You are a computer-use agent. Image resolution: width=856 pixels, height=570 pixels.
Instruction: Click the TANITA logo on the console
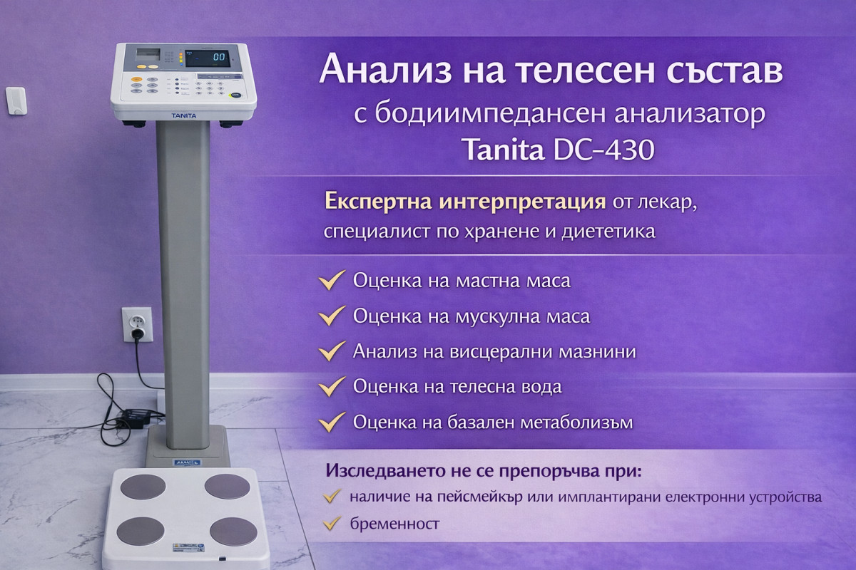point(184,115)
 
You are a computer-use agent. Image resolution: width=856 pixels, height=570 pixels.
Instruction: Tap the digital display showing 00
point(208,58)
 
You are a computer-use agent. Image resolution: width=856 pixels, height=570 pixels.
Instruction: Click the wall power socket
point(138,324)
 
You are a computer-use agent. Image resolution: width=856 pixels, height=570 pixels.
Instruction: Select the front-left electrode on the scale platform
point(141,531)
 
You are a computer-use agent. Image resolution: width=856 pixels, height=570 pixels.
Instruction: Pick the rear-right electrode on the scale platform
point(227,487)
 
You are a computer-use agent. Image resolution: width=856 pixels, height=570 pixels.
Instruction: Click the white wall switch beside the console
point(16,100)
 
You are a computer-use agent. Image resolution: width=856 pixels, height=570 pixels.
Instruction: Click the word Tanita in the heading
point(502,150)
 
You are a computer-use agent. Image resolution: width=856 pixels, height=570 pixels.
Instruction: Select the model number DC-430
point(603,150)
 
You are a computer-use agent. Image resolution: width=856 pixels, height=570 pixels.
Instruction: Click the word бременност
point(394,524)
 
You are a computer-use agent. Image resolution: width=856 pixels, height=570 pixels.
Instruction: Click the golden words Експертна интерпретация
point(465,202)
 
